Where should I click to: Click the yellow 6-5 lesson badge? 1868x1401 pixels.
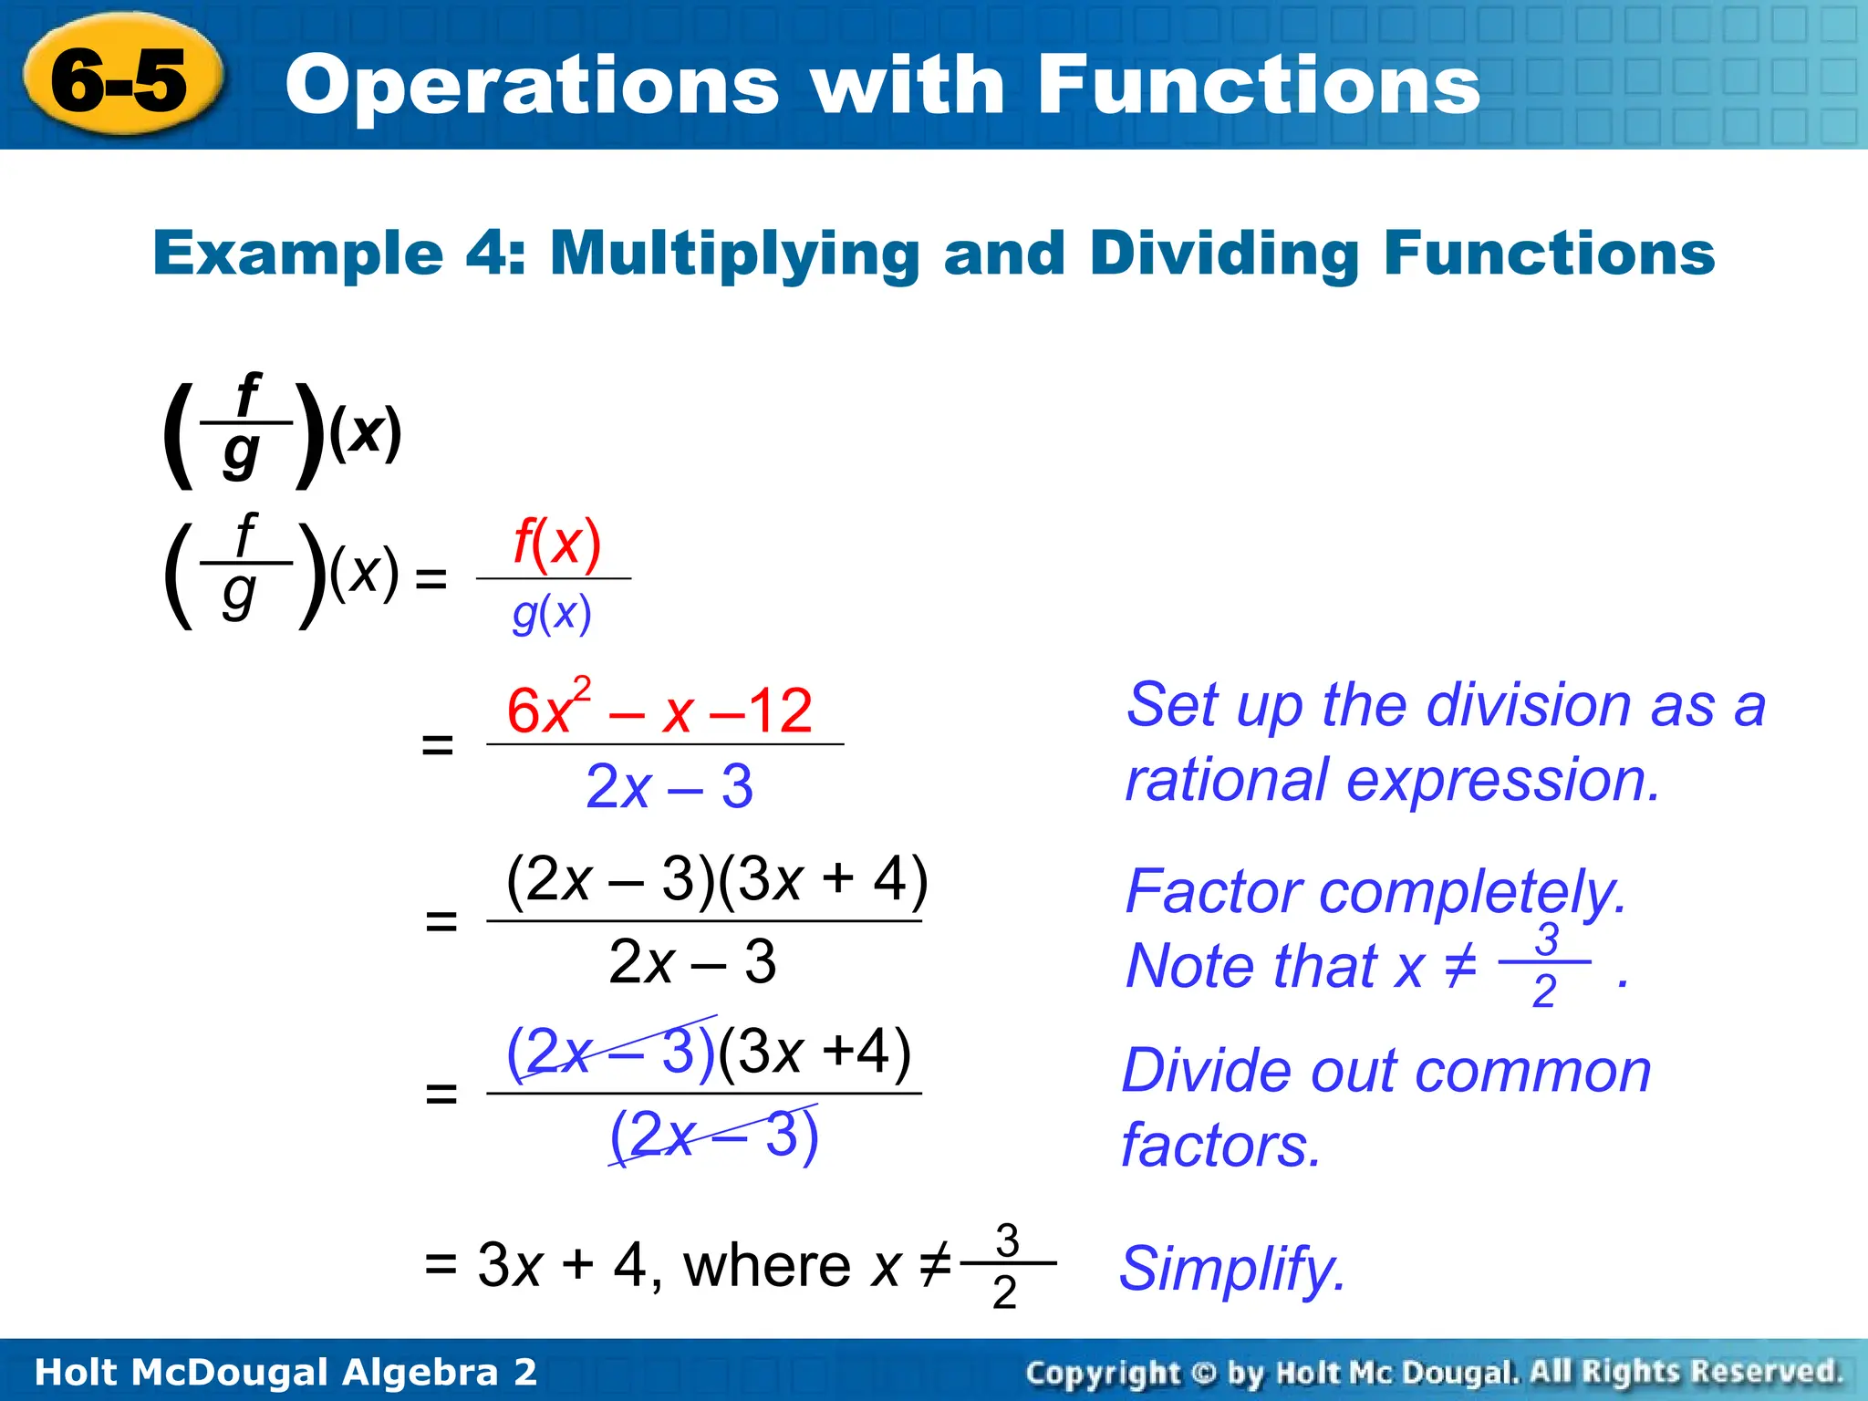click(x=120, y=80)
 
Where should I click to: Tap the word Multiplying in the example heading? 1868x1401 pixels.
click(x=734, y=254)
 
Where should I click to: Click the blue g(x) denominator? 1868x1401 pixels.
click(x=552, y=614)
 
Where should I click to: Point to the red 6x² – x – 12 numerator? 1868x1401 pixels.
click(x=659, y=710)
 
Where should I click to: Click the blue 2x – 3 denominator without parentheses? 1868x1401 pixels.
click(x=669, y=786)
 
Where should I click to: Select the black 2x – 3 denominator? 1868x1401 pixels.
click(x=691, y=961)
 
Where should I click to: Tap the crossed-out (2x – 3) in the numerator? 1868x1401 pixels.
click(x=611, y=1051)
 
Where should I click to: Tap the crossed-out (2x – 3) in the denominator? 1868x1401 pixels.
click(x=713, y=1135)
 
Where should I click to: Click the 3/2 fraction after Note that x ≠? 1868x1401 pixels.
click(x=1545, y=964)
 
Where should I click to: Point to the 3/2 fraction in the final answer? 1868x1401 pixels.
click(x=1006, y=1266)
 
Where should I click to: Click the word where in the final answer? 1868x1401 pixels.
click(x=767, y=1266)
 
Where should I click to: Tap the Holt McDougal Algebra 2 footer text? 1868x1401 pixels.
click(x=285, y=1371)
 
